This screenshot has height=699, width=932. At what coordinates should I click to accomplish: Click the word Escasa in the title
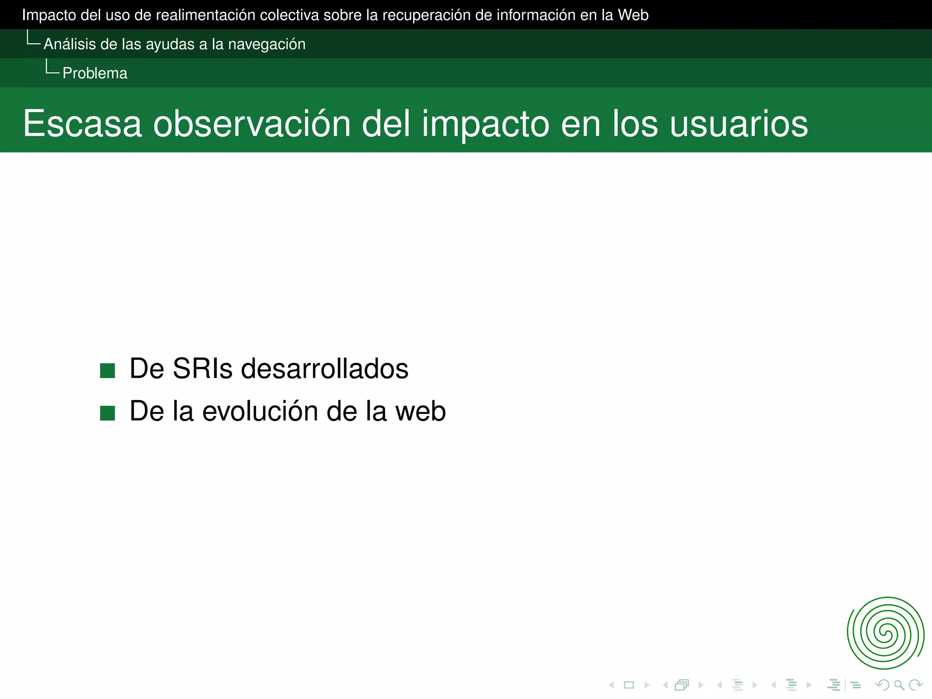point(82,124)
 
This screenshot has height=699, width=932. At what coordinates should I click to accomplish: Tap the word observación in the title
point(252,124)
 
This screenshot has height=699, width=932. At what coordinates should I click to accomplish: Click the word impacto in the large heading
point(485,124)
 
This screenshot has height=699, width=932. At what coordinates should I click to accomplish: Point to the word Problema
point(95,73)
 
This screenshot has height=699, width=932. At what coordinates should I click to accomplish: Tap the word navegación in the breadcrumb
point(267,44)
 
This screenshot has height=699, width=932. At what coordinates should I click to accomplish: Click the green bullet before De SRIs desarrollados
point(107,370)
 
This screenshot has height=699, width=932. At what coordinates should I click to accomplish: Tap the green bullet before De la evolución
point(107,413)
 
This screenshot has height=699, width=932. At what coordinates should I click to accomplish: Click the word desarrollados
point(324,369)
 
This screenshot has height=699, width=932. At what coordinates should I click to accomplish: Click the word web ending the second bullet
point(420,411)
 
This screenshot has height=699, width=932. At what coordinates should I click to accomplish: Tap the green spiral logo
point(885,633)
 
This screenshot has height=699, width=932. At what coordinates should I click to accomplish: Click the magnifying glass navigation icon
point(899,685)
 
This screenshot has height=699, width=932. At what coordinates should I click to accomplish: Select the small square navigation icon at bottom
point(629,685)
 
